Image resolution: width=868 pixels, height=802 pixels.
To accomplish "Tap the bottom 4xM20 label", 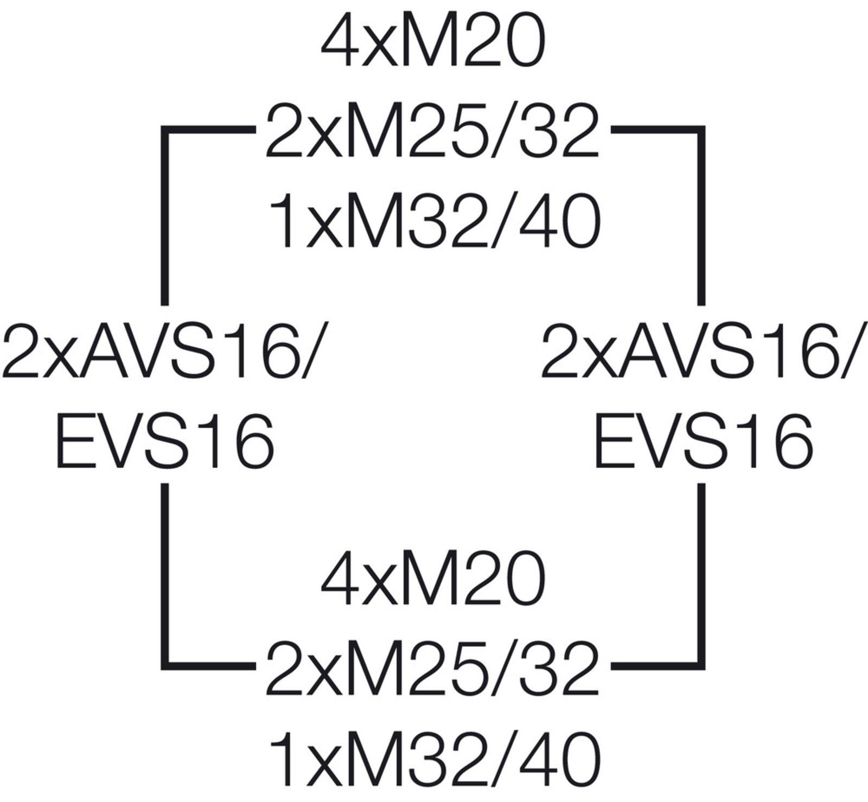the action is tap(432, 581).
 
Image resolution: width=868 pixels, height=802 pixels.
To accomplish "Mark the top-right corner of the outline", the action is tap(701, 129).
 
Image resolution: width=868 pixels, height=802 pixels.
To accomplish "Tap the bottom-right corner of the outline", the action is tap(701, 663).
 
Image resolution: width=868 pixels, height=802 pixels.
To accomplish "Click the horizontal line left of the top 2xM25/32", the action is tap(209, 129).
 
